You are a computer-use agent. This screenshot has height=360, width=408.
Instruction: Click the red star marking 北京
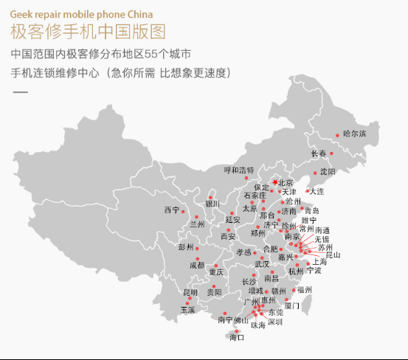[x=275, y=181]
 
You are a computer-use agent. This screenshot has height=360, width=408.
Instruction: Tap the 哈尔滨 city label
[x=355, y=134]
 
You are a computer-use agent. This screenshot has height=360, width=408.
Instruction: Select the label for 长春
[x=319, y=153]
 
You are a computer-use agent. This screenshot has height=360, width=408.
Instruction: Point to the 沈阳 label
[x=328, y=171]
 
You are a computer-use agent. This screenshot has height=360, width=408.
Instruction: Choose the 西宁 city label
[x=171, y=210]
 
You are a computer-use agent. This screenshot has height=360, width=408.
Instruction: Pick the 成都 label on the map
[x=197, y=264]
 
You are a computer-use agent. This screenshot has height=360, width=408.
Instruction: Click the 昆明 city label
[x=190, y=292]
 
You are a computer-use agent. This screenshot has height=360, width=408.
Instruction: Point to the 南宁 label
[x=225, y=319]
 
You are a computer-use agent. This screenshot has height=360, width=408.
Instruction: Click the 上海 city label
[x=319, y=262]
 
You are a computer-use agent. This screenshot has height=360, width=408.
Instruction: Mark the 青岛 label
[x=312, y=210]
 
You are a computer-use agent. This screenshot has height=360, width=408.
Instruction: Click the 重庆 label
[x=215, y=272]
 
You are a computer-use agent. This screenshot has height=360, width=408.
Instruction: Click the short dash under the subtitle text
[x=21, y=92]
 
